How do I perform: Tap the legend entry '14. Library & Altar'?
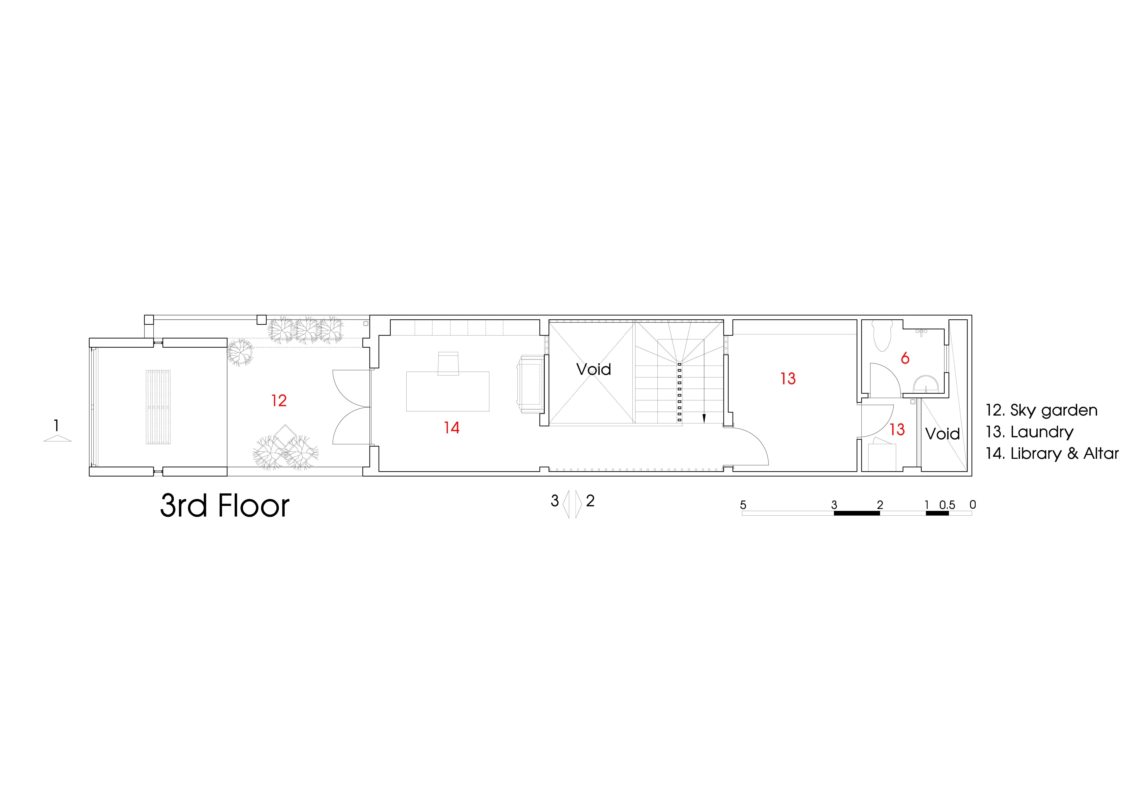click(x=1052, y=453)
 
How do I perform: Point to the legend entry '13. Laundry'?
click(x=1029, y=432)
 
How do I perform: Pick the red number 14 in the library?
click(x=452, y=427)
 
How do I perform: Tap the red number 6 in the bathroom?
click(x=905, y=358)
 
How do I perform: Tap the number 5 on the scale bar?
click(x=743, y=505)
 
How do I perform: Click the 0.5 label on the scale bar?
click(x=947, y=505)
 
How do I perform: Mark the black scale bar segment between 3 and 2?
click(x=857, y=513)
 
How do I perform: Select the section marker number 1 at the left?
click(x=57, y=426)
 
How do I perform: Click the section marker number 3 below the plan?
click(x=555, y=501)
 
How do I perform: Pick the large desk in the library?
click(x=448, y=391)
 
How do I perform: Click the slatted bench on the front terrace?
click(x=158, y=407)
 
